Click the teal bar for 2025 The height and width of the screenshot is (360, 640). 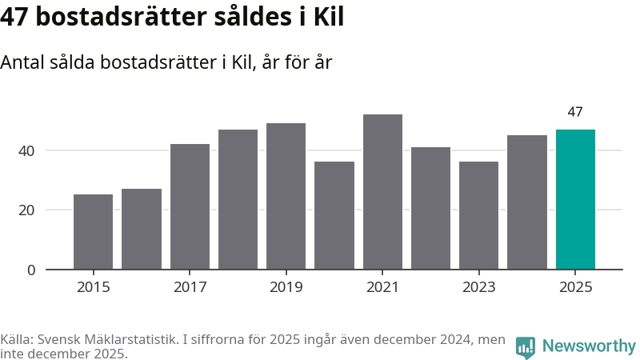575,199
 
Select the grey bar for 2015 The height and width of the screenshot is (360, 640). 93,232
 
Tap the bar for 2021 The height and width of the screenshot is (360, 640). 382,192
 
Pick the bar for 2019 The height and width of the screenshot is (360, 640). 286,196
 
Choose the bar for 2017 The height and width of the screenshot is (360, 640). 190,206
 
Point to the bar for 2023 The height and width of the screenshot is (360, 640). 478,215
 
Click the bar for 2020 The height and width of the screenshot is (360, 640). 334,215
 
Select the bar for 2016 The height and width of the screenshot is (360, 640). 142,229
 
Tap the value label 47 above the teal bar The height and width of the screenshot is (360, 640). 575,112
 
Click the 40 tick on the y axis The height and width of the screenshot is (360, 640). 27,150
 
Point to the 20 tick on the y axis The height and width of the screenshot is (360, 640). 27,210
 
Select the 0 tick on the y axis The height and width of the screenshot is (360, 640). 31,270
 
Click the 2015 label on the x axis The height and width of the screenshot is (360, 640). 93,287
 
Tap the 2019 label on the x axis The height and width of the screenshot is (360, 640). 286,287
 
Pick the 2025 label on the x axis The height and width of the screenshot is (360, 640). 575,287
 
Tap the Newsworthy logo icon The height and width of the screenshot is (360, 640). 525,346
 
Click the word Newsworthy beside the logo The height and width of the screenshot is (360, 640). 589,346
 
